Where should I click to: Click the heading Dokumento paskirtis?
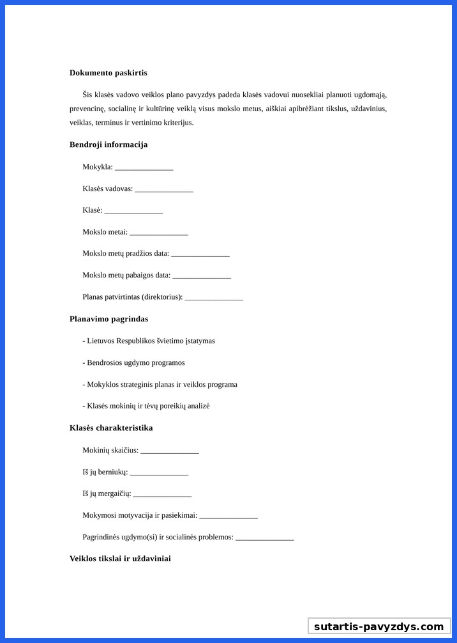[x=108, y=73]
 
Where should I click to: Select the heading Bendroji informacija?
[x=109, y=144]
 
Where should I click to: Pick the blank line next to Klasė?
[x=133, y=211]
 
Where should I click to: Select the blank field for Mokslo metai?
[x=159, y=233]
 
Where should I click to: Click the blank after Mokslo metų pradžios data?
[x=200, y=254]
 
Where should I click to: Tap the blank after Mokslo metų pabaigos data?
[x=202, y=276]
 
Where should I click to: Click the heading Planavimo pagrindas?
[x=109, y=319]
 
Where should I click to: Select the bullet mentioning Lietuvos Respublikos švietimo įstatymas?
[x=149, y=341]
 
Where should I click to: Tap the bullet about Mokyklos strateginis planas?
[x=160, y=385]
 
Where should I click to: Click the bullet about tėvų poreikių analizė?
[x=146, y=407]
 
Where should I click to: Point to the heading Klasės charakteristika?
[x=111, y=428]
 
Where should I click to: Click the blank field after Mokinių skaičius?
[x=170, y=451]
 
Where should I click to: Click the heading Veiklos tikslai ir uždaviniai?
[x=120, y=559]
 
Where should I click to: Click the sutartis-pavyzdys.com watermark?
[x=379, y=626]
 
